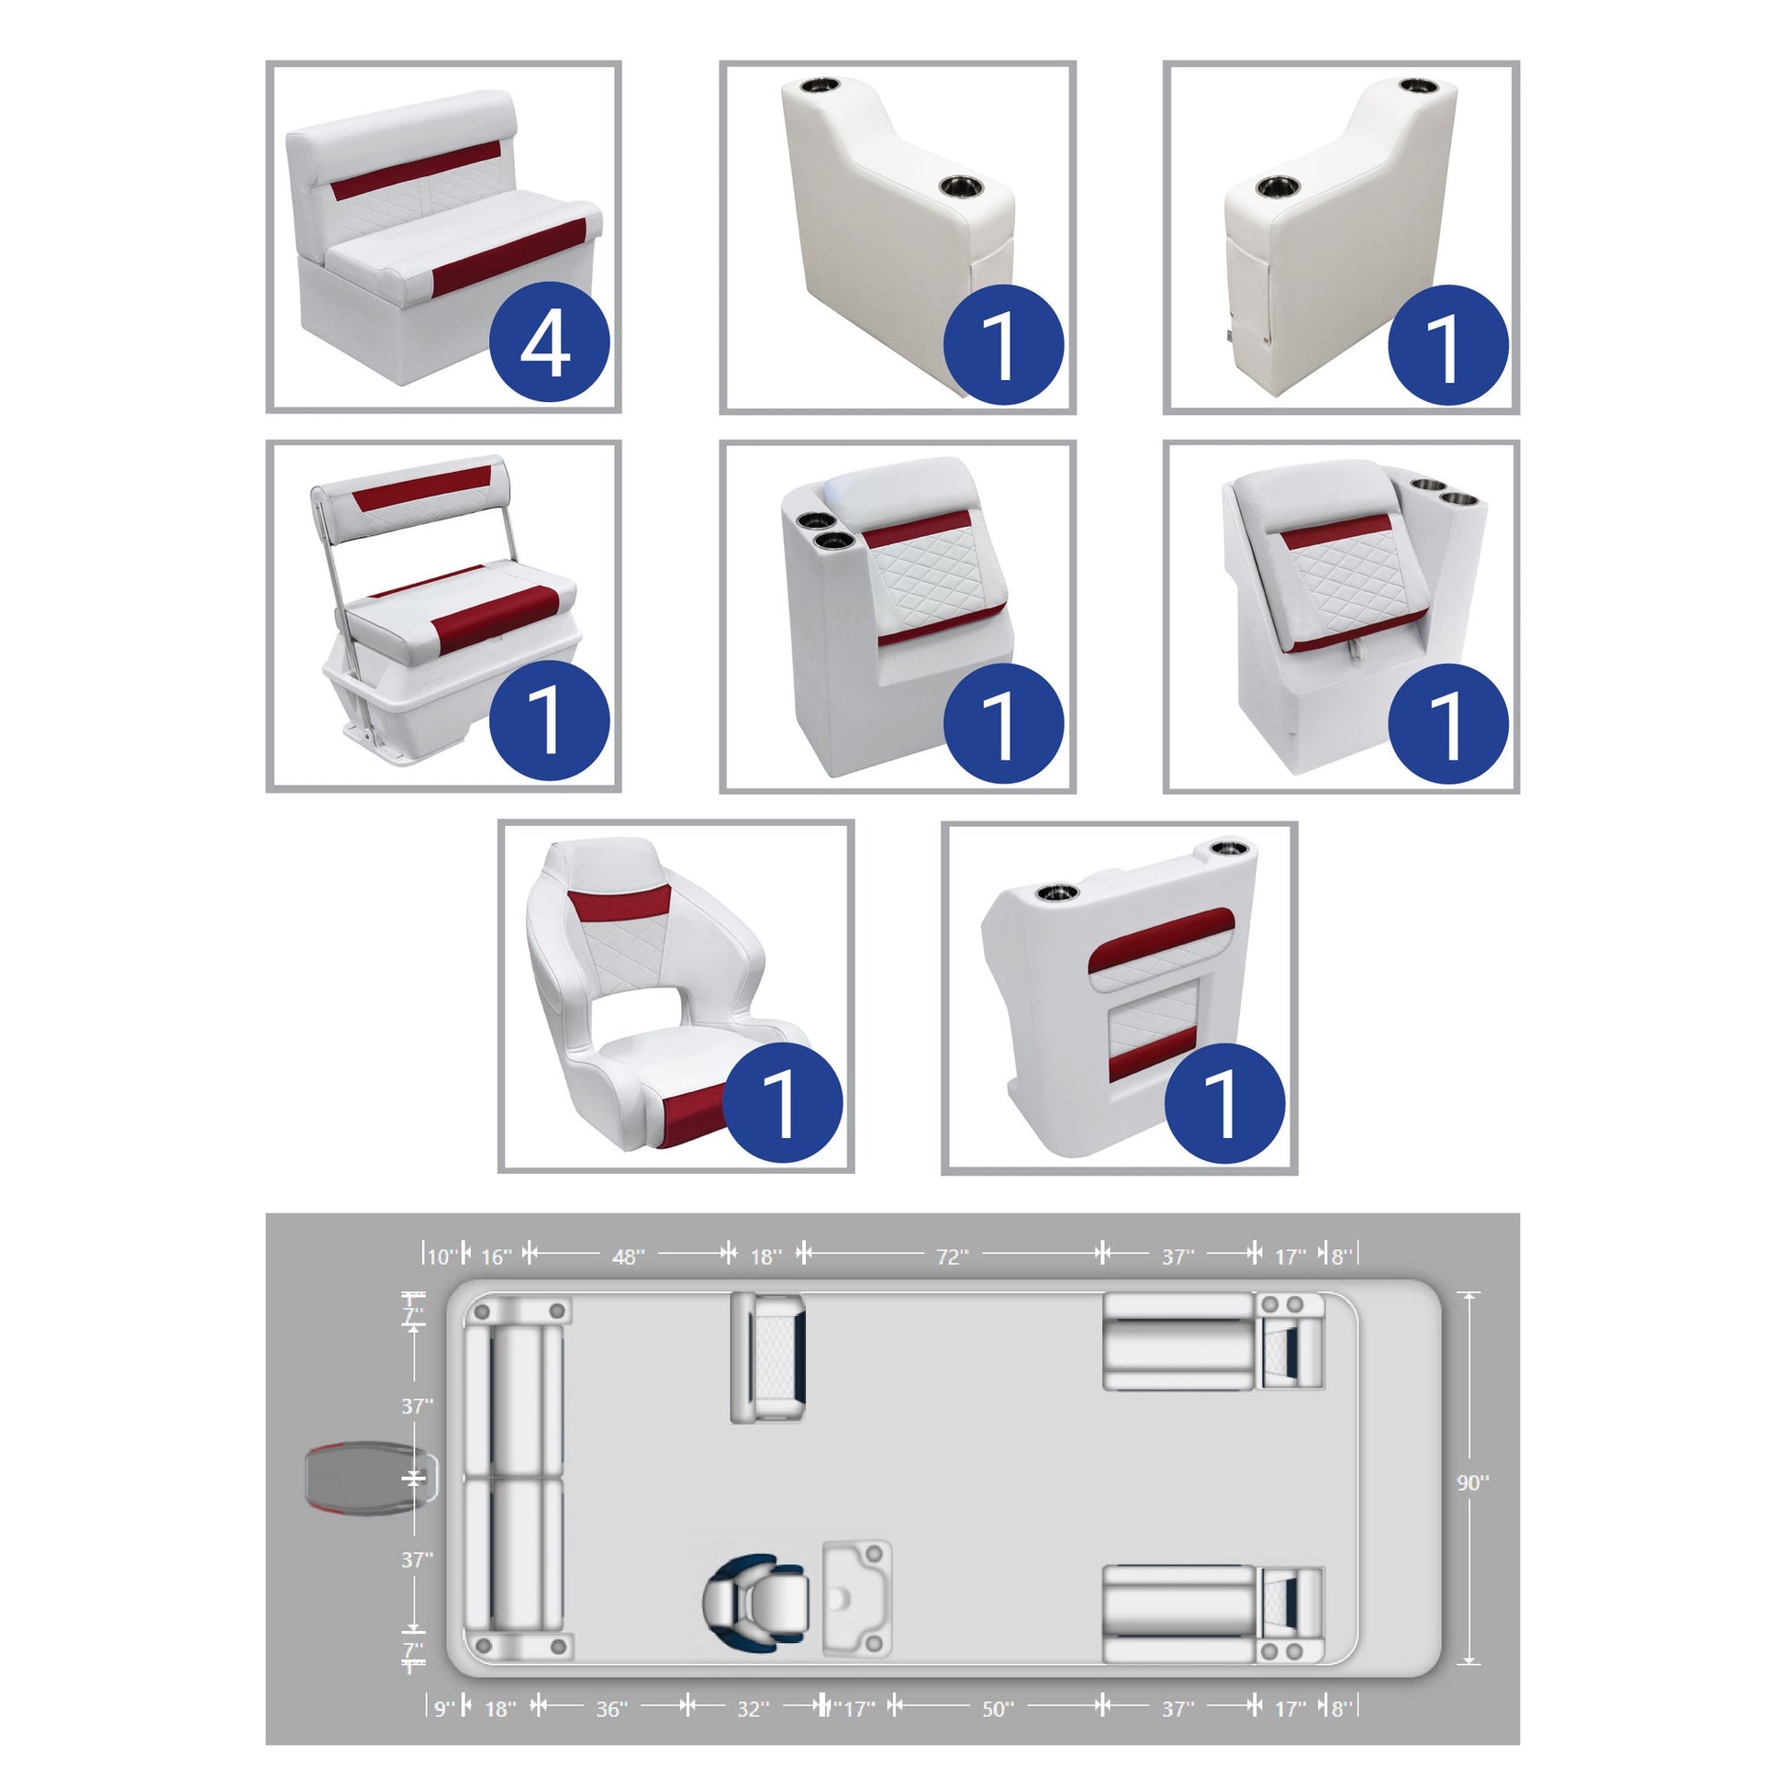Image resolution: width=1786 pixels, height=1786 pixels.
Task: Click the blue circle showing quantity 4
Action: pos(549,342)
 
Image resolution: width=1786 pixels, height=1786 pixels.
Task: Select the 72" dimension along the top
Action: pos(952,1256)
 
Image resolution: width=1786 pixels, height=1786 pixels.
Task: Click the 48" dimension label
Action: pos(629,1256)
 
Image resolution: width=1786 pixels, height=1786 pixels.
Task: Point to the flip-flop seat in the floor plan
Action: pos(768,1357)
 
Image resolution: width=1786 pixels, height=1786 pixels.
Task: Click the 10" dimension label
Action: pos(441,1256)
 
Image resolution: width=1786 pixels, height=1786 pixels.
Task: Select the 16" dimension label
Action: pos(497,1256)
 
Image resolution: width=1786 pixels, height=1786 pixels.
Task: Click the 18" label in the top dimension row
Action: pos(766,1256)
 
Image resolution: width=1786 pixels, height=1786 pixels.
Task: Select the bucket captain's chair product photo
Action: pos(675,997)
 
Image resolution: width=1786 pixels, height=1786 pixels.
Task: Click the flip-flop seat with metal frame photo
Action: pos(443,616)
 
